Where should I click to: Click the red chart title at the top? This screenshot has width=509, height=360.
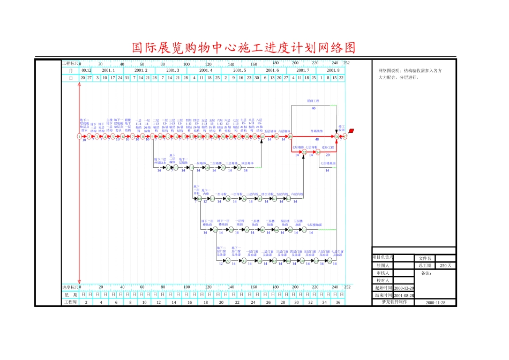[x=243, y=48]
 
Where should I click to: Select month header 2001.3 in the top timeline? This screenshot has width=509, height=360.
[x=172, y=70]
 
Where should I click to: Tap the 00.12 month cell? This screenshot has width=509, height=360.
[x=86, y=70]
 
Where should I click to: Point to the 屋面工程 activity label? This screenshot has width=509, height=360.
[x=313, y=101]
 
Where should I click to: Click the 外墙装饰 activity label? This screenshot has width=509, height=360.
[x=317, y=131]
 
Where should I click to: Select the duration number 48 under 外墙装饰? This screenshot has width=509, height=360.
[x=317, y=139]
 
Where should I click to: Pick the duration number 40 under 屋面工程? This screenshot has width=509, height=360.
[x=313, y=109]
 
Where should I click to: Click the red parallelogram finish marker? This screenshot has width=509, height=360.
[x=351, y=131]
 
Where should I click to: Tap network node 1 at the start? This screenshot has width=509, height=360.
[x=79, y=137]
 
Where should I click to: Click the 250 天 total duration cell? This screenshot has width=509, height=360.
[x=445, y=265]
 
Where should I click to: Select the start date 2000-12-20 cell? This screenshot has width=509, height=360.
[x=403, y=288]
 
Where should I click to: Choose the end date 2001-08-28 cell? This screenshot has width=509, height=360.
[x=403, y=295]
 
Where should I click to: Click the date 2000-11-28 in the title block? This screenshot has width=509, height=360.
[x=439, y=302]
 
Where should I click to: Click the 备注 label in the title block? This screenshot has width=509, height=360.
[x=426, y=273]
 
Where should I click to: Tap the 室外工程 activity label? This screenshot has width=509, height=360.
[x=328, y=147]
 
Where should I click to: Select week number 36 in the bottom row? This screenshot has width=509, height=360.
[x=338, y=302]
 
